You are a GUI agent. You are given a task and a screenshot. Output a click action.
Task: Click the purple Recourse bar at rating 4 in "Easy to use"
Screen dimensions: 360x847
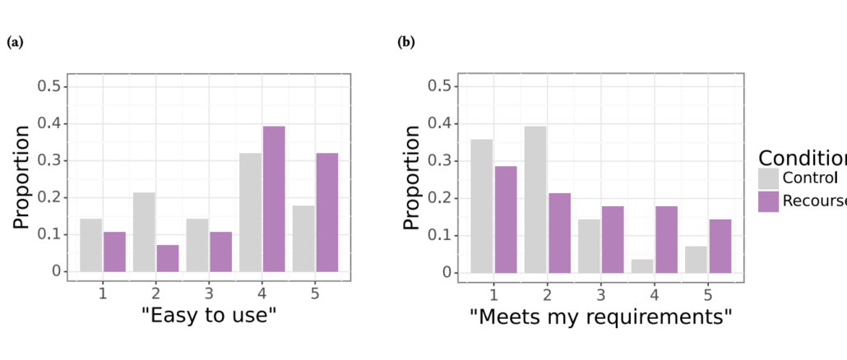(x=273, y=199)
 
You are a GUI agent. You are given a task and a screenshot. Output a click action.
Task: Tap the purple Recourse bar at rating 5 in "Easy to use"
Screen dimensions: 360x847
(x=326, y=212)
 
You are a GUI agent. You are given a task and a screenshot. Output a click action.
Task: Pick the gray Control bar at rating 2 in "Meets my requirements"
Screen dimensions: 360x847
(x=535, y=199)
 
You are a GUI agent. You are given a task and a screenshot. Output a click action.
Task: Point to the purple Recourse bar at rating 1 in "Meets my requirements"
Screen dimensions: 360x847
(x=506, y=219)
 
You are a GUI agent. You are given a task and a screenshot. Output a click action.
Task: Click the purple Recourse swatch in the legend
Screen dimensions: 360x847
(x=768, y=201)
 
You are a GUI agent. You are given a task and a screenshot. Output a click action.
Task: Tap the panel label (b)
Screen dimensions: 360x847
(x=406, y=41)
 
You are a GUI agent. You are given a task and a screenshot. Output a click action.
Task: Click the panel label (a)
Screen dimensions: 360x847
(x=15, y=41)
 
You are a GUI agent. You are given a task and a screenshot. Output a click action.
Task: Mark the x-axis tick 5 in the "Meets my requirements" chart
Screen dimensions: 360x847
(x=708, y=293)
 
